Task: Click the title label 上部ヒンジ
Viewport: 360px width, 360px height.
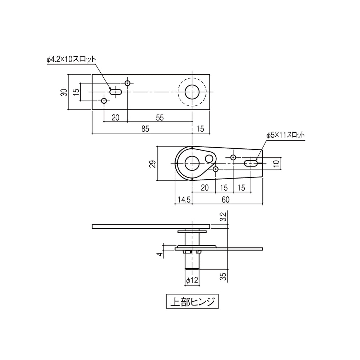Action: point(192,301)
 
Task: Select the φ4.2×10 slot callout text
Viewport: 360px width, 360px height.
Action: point(72,59)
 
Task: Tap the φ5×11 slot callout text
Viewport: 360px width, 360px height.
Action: point(285,135)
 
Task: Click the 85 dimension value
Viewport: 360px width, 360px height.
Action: point(145,129)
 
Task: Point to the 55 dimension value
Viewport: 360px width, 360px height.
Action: point(159,117)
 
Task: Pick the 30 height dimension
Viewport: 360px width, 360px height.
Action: point(64,92)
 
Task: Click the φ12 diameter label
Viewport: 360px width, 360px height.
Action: point(192,280)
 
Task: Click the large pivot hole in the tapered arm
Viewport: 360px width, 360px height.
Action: point(192,163)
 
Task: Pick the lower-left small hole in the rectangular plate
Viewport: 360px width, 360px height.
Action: point(104,100)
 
